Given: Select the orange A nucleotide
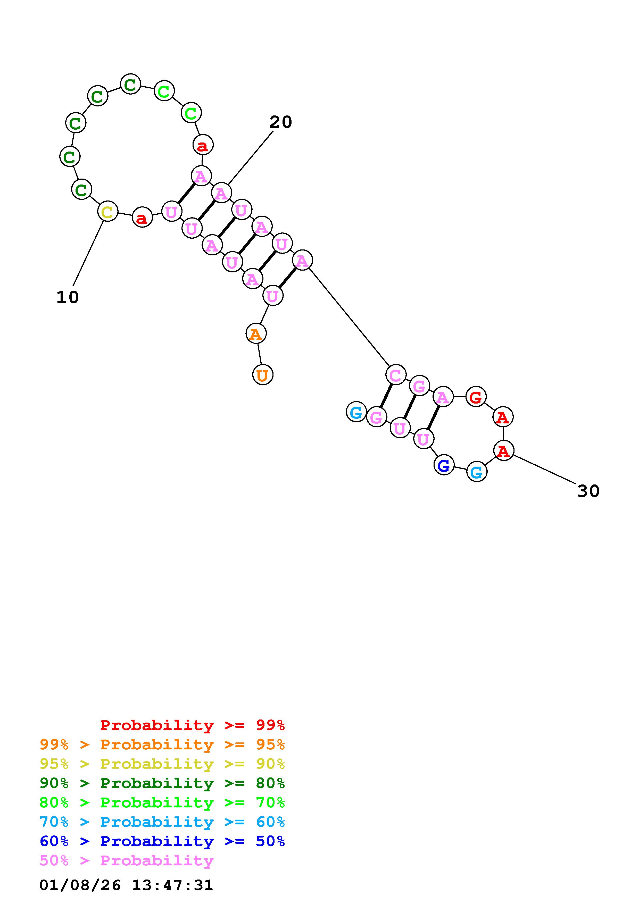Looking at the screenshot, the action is click(256, 333).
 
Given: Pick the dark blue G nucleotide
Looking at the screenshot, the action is click(444, 465).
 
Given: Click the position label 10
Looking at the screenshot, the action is click(68, 297).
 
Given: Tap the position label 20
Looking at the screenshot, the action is click(281, 122).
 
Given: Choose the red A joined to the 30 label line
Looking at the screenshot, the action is click(503, 450).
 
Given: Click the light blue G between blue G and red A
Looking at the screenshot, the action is click(476, 472).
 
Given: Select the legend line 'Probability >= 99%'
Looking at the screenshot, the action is click(193, 725).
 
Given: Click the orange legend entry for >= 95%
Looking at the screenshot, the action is click(162, 744).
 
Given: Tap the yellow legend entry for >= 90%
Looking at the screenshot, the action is click(162, 764).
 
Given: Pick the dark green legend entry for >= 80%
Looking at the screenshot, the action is click(162, 783).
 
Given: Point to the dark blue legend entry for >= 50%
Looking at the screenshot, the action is click(162, 841).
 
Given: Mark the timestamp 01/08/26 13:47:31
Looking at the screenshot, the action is click(126, 885).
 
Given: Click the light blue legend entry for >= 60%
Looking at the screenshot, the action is click(162, 822).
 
